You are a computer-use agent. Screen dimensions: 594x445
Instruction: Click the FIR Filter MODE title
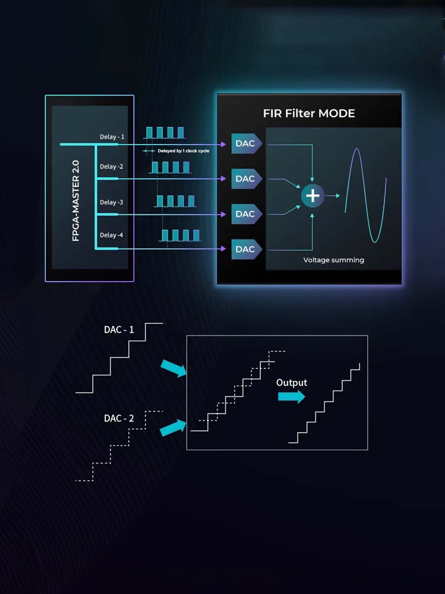[309, 113]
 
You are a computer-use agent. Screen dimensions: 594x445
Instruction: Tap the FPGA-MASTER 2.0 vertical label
[76, 200]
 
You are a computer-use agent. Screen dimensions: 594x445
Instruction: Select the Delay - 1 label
[112, 137]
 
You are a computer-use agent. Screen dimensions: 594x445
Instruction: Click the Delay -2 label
[111, 166]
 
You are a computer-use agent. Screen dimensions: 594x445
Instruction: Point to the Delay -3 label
[111, 202]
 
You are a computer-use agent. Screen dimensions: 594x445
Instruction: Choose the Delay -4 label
[111, 235]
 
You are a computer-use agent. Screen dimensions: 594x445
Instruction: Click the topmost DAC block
[245, 143]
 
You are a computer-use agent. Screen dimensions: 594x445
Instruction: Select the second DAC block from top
[245, 179]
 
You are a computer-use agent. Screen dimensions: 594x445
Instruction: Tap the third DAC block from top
[245, 214]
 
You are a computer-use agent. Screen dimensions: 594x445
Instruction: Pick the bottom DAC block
[245, 249]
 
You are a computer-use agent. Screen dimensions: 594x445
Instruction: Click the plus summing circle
[312, 196]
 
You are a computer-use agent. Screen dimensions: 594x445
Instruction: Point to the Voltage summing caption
[333, 260]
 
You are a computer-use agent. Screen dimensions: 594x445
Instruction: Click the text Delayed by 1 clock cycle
[183, 151]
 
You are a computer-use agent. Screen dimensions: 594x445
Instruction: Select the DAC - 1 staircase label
[119, 330]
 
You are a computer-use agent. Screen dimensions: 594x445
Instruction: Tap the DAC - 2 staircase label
[119, 418]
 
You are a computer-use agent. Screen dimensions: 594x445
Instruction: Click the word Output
[291, 382]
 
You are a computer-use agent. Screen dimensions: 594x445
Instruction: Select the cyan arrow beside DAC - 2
[173, 428]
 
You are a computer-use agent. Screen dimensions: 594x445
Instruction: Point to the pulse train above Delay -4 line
[181, 235]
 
